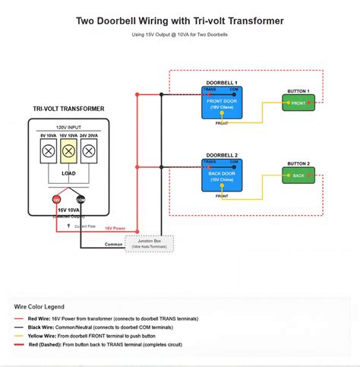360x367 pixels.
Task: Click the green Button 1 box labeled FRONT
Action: [298, 103]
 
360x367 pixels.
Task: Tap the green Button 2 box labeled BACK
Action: [298, 176]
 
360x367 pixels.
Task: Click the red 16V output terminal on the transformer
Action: [57, 199]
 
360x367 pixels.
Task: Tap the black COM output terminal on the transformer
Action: [81, 199]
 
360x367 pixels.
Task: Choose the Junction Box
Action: [149, 243]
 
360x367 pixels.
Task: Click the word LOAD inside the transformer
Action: [68, 172]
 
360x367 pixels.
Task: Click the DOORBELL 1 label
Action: [222, 82]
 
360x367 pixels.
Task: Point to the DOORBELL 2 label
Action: [222, 154]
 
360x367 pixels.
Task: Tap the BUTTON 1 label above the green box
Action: [298, 91]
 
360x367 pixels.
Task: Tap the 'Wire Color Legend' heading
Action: [39, 306]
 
